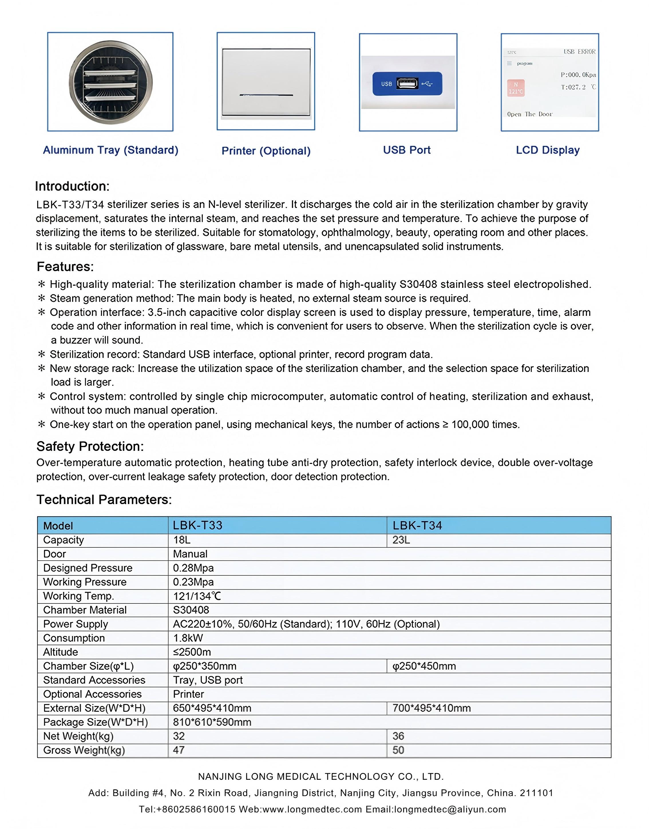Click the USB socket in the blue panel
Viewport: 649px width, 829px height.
coord(407,83)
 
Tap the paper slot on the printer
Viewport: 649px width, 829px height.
coord(266,95)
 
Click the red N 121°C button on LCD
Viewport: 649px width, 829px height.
coord(516,88)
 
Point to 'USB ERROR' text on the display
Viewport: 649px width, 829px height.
coord(579,52)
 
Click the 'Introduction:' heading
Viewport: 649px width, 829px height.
coord(72,186)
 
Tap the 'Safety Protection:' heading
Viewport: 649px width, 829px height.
coord(90,447)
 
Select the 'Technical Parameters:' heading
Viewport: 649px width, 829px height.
coord(104,499)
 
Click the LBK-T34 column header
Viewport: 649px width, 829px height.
coord(417,525)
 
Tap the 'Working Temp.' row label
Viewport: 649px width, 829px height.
coord(79,596)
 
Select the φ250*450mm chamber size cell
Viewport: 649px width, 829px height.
coord(424,666)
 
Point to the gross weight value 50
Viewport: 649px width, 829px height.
coord(398,750)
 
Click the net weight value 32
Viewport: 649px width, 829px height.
coord(179,736)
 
